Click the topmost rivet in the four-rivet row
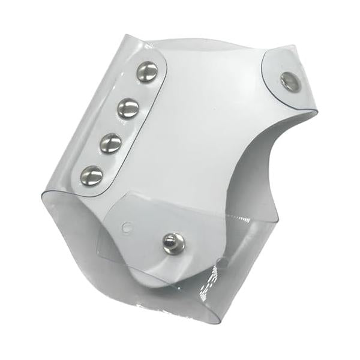coord(147,73)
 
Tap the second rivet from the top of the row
coord(128,109)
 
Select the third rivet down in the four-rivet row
coord(110,142)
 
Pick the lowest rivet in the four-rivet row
coord(92,175)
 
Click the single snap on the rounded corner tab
coord(291,82)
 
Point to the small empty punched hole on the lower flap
coord(126,227)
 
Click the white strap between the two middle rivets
coord(119,125)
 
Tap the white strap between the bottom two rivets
coord(101,159)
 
